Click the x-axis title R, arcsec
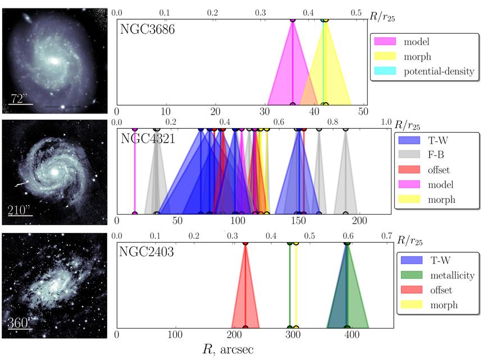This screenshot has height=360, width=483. pyautogui.click(x=229, y=349)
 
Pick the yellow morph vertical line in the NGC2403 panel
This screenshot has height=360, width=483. pyautogui.click(x=296, y=286)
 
